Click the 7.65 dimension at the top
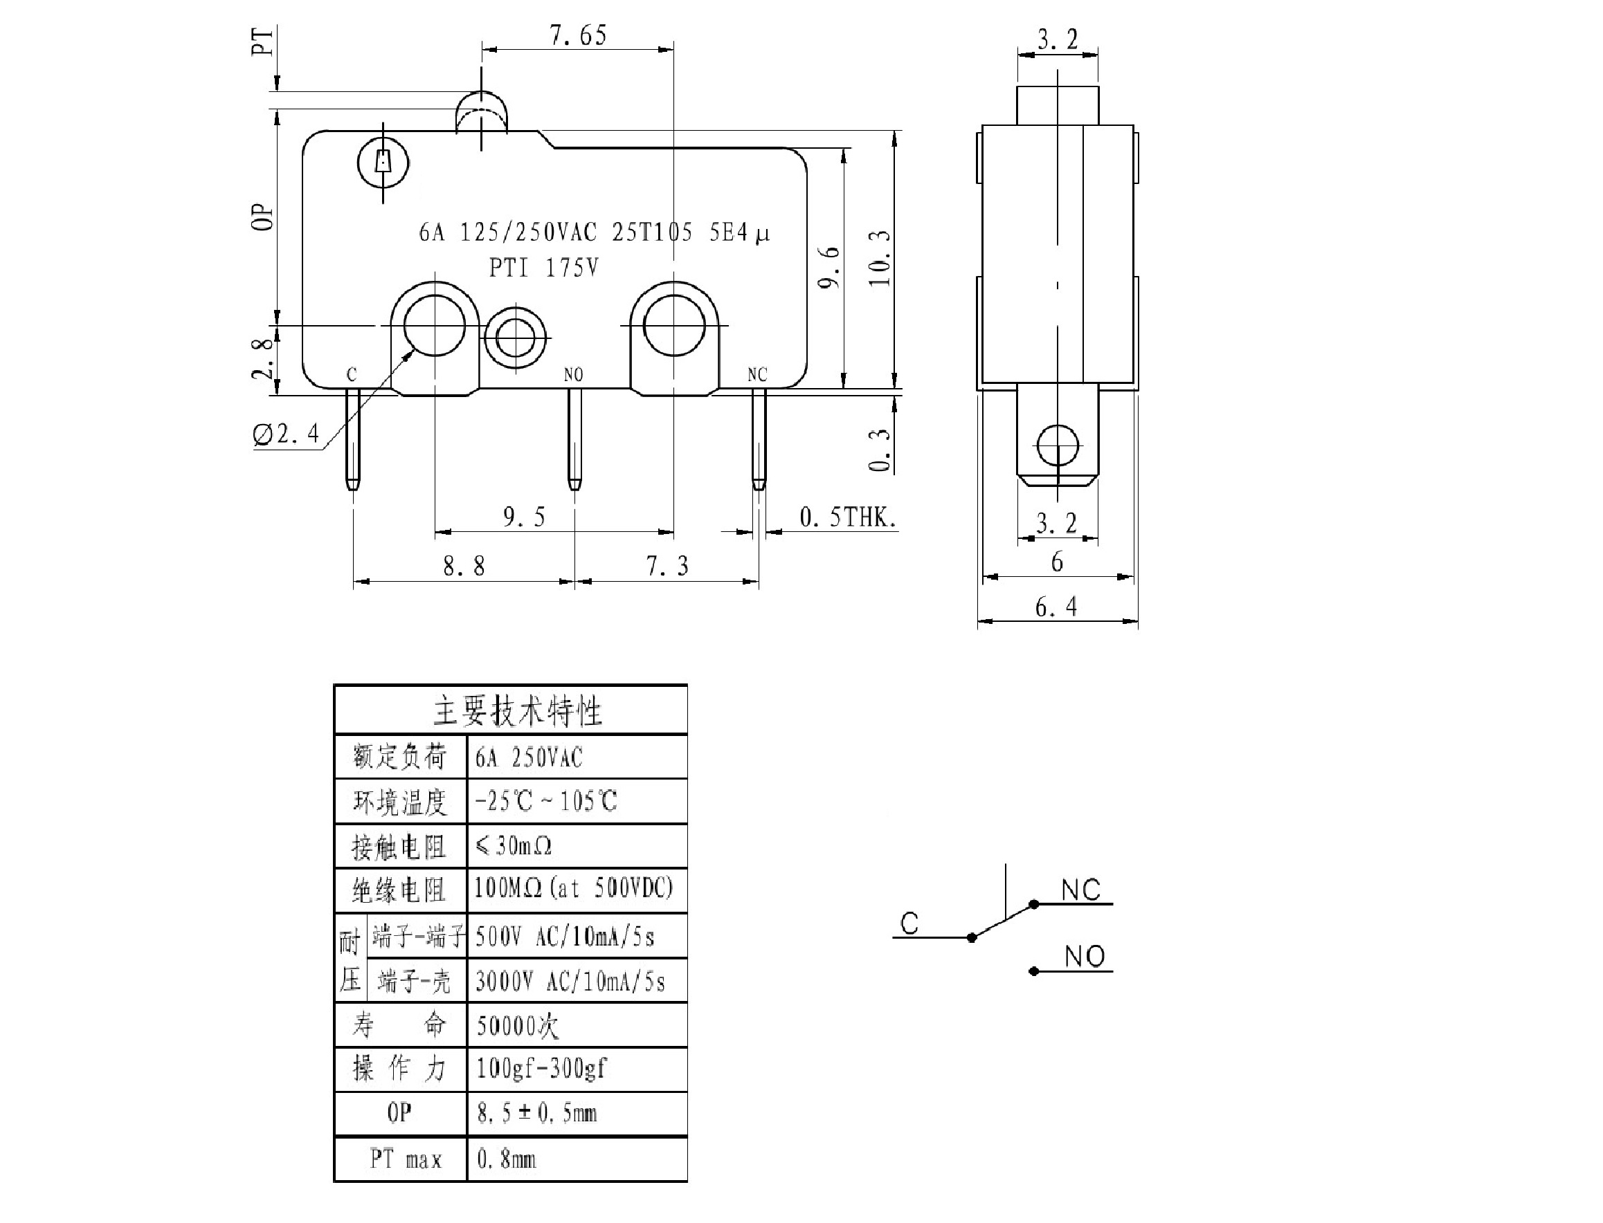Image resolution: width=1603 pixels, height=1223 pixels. pos(577,35)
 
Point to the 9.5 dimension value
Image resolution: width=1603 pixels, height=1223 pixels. pos(524,517)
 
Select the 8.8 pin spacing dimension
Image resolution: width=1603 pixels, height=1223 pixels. pos(464,566)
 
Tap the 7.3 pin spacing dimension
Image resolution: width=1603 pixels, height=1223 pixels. pos(667,566)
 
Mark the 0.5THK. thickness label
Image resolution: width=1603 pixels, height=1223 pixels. pos(847,517)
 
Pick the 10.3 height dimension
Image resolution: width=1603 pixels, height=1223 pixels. pos(879,259)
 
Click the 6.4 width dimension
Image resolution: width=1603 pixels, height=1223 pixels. pos(1056,607)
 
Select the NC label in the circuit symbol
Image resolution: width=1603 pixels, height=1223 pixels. pos(1080,890)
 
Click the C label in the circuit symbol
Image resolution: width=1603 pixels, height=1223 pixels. pos(909,923)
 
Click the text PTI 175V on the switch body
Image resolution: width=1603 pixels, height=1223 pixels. pos(543,268)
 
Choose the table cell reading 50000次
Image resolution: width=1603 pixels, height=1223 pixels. pos(518,1026)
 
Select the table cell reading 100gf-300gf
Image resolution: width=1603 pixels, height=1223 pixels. pos(541,1068)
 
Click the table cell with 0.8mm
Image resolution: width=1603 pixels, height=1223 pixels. pos(507,1159)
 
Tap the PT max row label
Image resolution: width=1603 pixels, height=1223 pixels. pos(406,1159)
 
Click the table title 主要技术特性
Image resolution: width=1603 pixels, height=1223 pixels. pos(518,711)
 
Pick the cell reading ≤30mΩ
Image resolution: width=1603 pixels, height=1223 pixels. pos(514,846)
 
